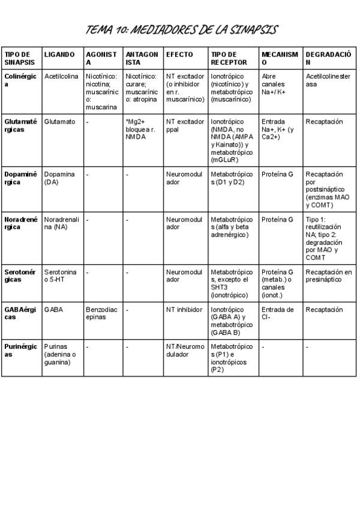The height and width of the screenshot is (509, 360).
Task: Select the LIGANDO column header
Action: pos(59,55)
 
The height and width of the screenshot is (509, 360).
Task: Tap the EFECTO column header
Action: pos(179,55)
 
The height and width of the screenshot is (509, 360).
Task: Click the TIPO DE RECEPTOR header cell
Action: pos(224,58)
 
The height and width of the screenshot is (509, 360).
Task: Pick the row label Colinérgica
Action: pos(20,80)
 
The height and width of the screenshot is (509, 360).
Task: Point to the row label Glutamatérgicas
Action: pos(20,125)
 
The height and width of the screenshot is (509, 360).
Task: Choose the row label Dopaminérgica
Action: pos(20,178)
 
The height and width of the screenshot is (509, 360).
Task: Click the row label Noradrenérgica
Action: pos(20,223)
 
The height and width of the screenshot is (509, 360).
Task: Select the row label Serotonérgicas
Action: pos(20,276)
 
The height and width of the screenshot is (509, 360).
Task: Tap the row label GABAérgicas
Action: pos(20,313)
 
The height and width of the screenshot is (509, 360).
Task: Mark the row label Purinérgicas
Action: pos(20,351)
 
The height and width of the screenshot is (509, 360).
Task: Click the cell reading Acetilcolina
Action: pos(61,77)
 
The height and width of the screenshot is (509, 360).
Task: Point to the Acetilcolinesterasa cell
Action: pos(327,80)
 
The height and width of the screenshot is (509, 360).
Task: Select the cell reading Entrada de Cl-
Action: pos(278,313)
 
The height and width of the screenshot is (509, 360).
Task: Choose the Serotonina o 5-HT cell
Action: pos(61,276)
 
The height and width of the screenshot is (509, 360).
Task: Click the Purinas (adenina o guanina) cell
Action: pos(60,354)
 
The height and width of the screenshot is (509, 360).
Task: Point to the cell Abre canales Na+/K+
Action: pos(277,84)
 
